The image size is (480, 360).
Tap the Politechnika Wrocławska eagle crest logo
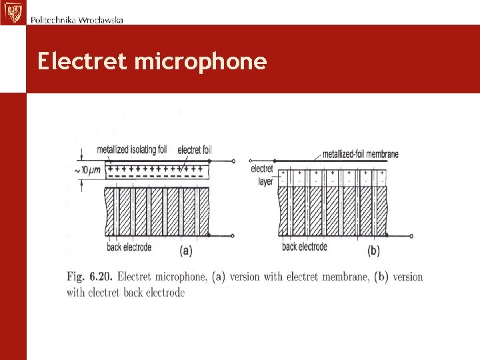tap(12, 12)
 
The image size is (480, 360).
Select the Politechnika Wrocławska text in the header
tap(77, 19)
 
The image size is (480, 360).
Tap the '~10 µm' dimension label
tap(87, 171)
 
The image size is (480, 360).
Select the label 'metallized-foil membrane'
tap(360, 154)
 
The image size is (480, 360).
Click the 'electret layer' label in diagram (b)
tap(262, 175)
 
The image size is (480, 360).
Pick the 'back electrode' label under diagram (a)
tap(129, 247)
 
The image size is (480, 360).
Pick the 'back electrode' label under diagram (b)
tap(305, 247)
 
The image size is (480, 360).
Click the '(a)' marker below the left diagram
tap(187, 251)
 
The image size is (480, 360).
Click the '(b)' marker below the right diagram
tap(373, 251)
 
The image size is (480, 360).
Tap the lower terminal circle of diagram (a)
tap(234, 235)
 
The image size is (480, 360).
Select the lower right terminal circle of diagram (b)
tap(411, 235)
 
